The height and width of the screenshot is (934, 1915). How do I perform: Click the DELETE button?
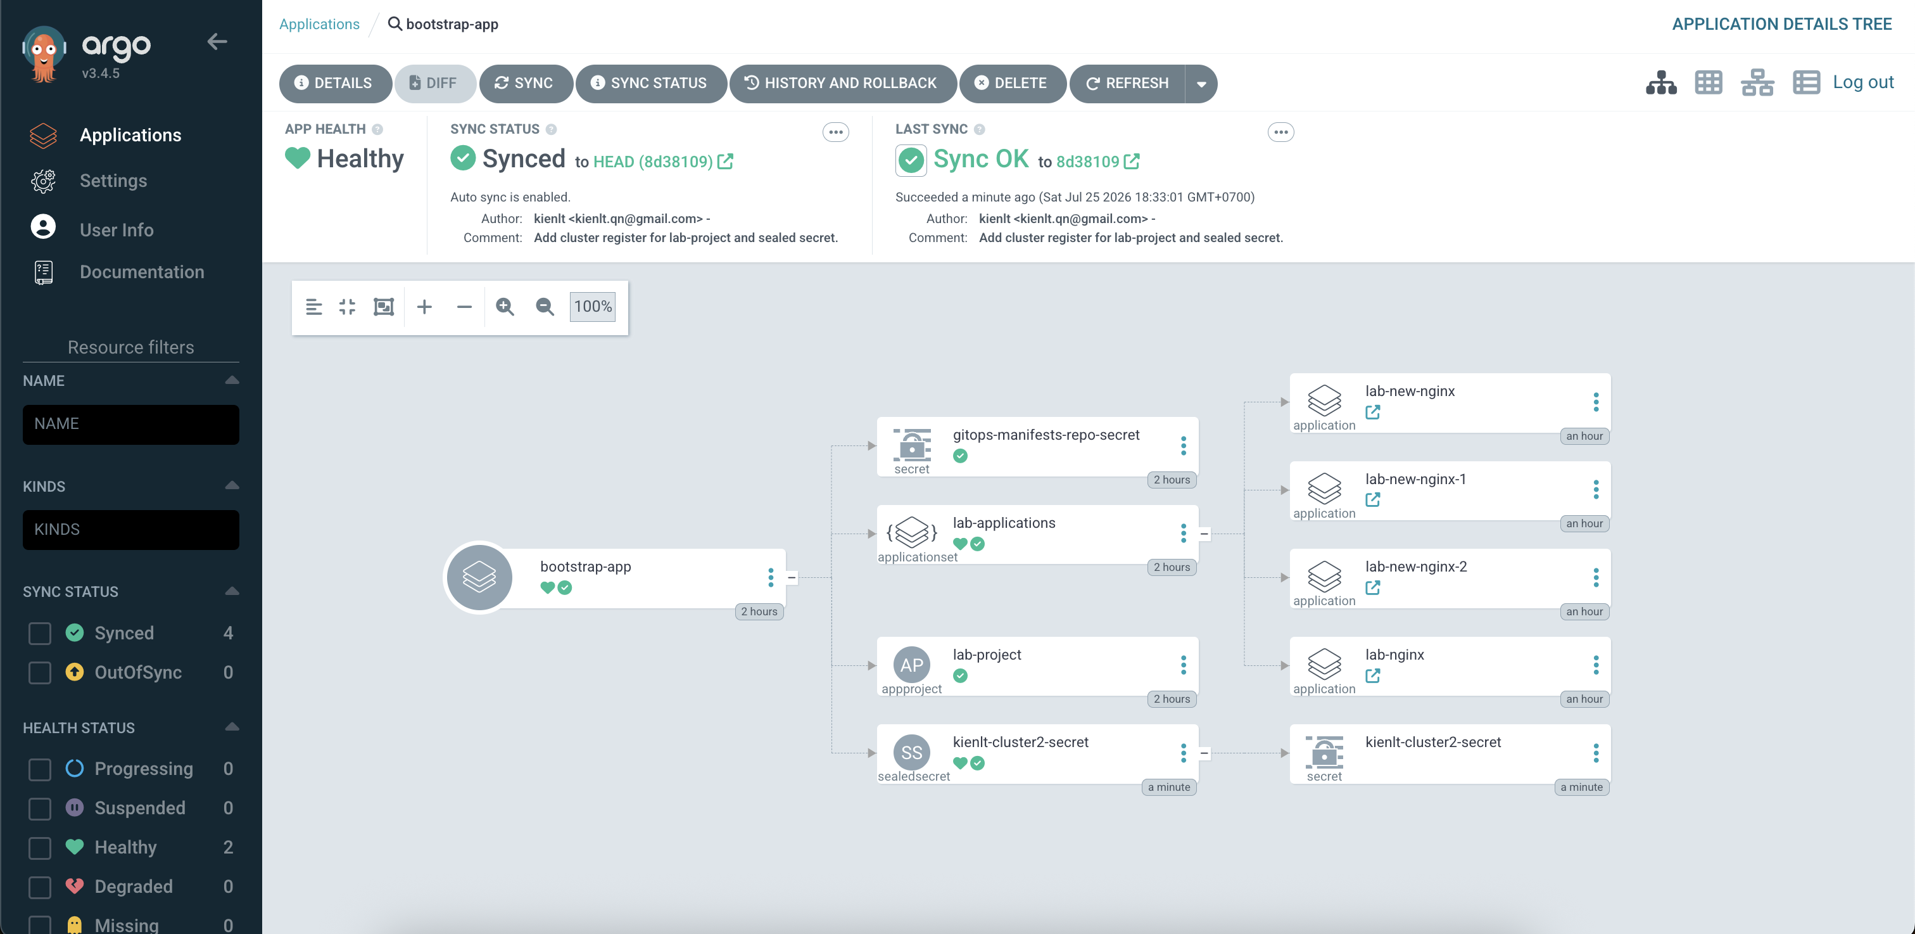point(1012,83)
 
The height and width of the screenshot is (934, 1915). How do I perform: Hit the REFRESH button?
point(1128,83)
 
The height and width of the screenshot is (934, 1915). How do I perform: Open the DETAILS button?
point(334,83)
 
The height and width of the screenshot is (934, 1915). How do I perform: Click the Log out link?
point(1863,82)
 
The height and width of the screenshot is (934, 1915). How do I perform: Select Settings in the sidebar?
point(113,181)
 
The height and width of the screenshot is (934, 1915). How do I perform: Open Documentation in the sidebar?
point(142,272)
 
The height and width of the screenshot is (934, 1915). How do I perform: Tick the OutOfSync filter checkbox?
point(39,672)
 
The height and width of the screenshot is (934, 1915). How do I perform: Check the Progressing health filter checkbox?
point(39,769)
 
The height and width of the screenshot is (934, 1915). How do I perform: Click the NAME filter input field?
point(131,424)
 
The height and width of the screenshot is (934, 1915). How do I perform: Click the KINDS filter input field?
point(131,530)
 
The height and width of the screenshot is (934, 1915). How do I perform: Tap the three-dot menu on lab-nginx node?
point(1595,665)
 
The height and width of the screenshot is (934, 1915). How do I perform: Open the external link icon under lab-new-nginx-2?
point(1372,587)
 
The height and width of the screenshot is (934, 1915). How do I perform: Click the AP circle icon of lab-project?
point(911,665)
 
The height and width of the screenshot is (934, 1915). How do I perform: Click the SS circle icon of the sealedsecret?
point(911,753)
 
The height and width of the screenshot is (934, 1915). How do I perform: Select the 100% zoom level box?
point(593,307)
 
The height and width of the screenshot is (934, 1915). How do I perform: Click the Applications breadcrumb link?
point(320,24)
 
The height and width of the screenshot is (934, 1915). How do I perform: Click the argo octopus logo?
point(44,53)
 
